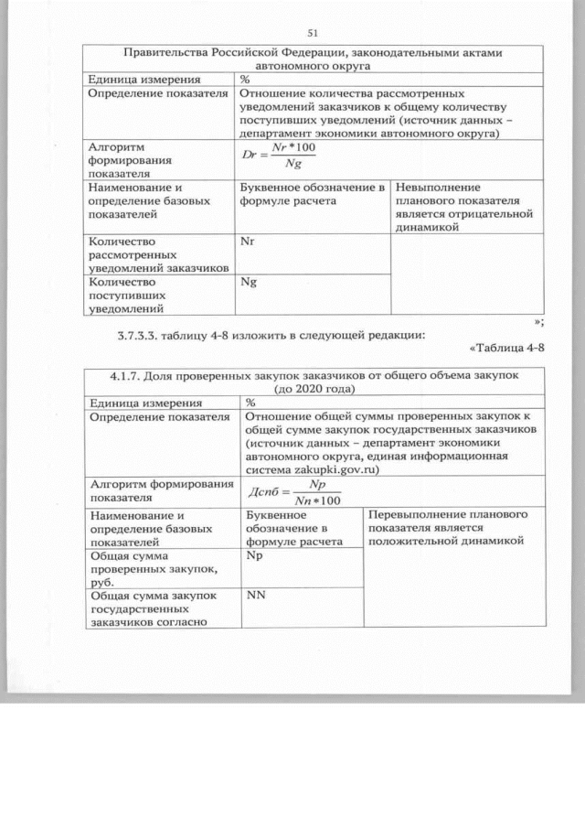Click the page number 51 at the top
[x=312, y=33]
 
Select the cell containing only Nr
[x=246, y=242]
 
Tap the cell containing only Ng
[x=247, y=284]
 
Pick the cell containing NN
[x=256, y=597]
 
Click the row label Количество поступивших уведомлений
[x=127, y=296]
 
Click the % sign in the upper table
[x=245, y=79]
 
